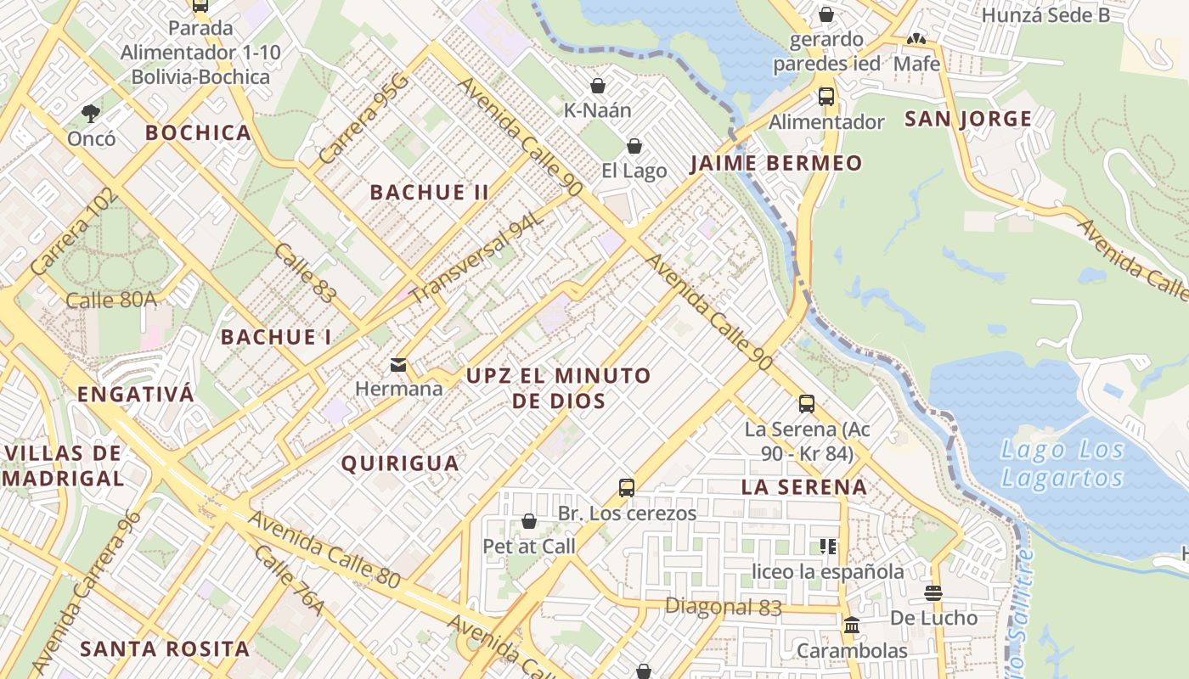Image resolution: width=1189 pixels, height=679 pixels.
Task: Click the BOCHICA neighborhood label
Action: coord(198,132)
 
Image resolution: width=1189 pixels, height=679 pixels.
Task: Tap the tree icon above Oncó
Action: coord(91,113)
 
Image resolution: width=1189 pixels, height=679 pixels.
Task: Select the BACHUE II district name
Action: coord(429,192)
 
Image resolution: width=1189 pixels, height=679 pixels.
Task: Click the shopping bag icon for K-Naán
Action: coord(598,86)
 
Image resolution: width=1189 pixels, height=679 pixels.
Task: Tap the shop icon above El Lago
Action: coord(634,146)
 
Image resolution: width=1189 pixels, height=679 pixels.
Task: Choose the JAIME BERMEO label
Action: coord(775,163)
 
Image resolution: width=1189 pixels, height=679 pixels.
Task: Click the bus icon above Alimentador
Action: coord(826,97)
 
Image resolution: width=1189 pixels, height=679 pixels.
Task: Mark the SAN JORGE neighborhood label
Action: coord(968,119)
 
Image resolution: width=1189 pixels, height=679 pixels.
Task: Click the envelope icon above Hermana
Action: coord(397,365)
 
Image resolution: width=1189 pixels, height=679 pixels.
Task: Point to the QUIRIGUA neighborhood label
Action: coord(400,463)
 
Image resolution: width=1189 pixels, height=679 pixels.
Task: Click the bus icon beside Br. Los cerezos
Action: coord(627,488)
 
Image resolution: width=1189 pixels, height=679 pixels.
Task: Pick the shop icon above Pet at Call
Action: coord(529,521)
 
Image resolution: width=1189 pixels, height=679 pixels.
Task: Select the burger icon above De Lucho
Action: coord(933,593)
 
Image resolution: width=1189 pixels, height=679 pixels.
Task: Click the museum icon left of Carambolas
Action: coord(851,626)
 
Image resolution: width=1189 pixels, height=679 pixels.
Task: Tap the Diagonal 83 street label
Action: coord(723,606)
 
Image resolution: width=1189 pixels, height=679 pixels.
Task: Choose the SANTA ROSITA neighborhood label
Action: coord(165,649)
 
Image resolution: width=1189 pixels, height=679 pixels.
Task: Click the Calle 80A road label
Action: coord(111,300)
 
